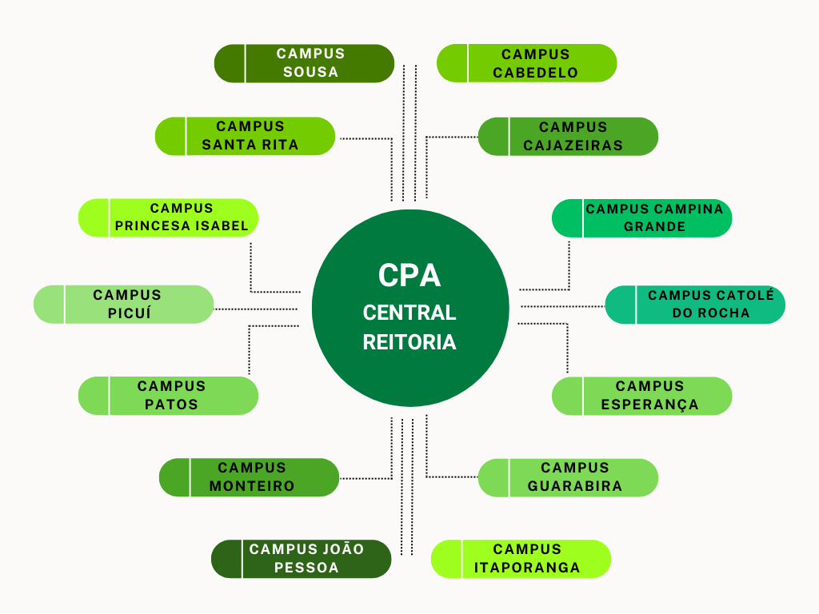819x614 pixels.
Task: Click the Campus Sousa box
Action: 305,63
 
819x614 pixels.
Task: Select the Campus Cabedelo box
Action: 527,63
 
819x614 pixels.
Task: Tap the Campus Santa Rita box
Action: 245,136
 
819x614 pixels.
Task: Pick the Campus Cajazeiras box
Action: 568,136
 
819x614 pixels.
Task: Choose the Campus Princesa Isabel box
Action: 169,217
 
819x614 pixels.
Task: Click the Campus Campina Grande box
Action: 642,218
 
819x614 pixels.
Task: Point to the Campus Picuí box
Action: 124,305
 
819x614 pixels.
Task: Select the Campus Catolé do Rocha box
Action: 695,305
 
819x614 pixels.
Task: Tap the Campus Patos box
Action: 169,396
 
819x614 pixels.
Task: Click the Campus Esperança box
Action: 642,396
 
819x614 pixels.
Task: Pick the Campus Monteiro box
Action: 250,477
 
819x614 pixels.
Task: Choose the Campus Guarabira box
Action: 568,477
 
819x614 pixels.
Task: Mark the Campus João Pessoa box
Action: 302,559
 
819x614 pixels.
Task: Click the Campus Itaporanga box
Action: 521,559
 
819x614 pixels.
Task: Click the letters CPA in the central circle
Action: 409,276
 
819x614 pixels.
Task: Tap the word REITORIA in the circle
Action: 409,342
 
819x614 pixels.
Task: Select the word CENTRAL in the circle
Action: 409,313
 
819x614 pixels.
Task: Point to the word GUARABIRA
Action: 574,486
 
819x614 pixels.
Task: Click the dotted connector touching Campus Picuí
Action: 256,308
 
